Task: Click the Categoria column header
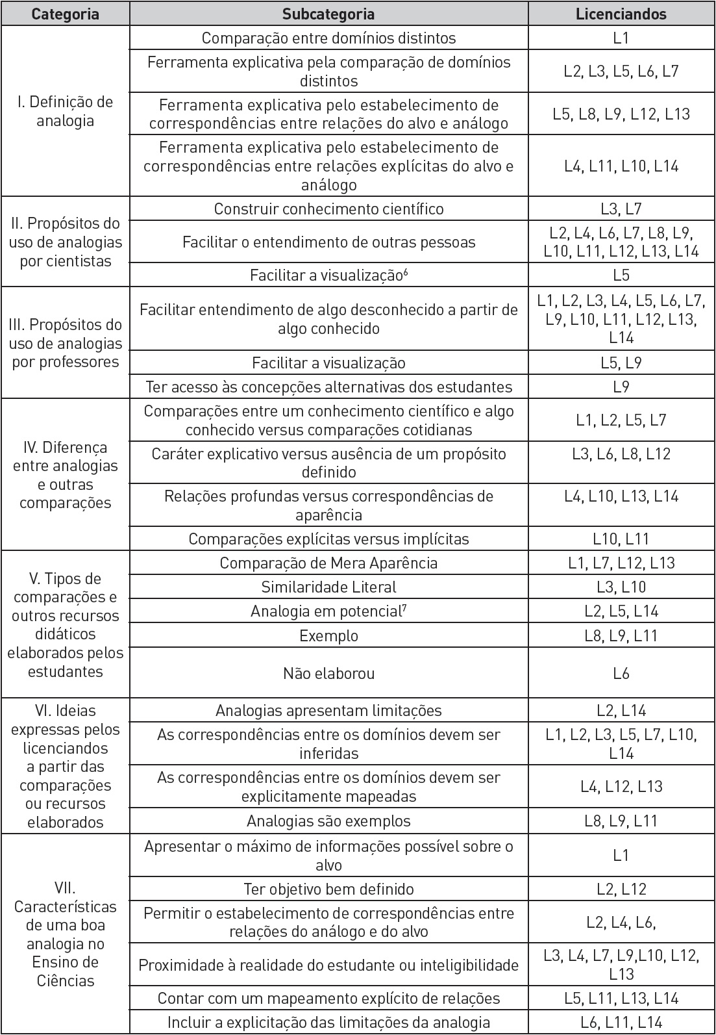click(65, 14)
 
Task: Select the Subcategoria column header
click(328, 14)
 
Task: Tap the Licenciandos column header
click(621, 14)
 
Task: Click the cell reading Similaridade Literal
click(328, 587)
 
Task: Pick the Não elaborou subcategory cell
click(328, 674)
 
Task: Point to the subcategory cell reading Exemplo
click(328, 635)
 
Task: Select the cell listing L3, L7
click(621, 209)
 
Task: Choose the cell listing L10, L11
click(621, 539)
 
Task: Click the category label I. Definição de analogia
click(65, 111)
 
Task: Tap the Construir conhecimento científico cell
click(328, 209)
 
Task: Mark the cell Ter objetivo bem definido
click(328, 889)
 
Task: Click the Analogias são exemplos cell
click(328, 821)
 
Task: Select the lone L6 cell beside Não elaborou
click(621, 674)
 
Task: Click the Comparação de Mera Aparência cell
click(328, 563)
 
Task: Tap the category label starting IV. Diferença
click(65, 475)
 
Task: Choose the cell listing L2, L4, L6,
click(621, 923)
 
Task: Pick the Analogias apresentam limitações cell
click(328, 711)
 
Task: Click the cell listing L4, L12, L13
click(621, 787)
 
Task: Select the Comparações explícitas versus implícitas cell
click(328, 539)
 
